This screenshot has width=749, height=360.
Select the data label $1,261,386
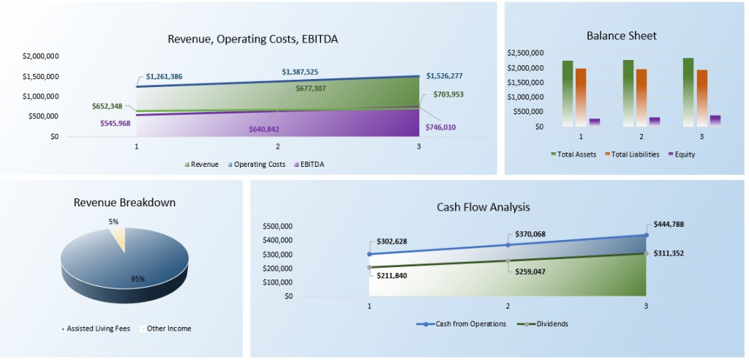pyautogui.click(x=164, y=76)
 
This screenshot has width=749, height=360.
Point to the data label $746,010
pyautogui.click(x=440, y=127)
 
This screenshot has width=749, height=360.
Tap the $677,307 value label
pyautogui.click(x=296, y=88)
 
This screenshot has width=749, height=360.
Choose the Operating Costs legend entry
pyautogui.click(x=257, y=165)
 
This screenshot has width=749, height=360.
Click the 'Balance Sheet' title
pyautogui.click(x=621, y=36)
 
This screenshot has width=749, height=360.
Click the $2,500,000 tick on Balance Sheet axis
pyautogui.click(x=524, y=53)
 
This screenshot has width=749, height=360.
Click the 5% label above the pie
pyautogui.click(x=113, y=221)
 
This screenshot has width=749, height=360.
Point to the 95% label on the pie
pyautogui.click(x=138, y=279)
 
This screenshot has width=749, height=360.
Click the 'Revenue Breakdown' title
pyautogui.click(x=124, y=203)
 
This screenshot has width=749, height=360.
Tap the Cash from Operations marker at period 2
pyautogui.click(x=508, y=244)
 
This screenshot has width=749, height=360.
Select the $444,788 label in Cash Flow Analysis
pyautogui.click(x=669, y=225)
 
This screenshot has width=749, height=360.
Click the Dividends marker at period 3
pyautogui.click(x=646, y=253)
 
